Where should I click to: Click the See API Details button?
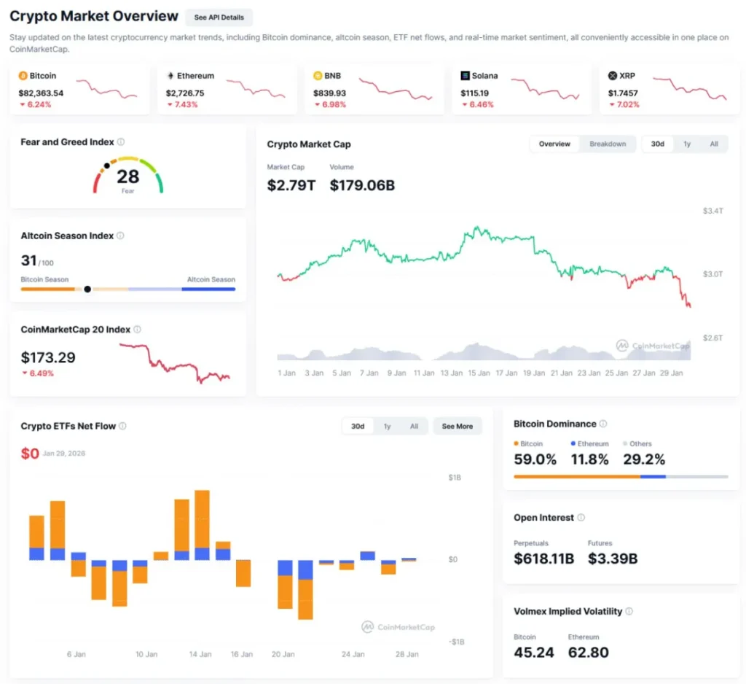(x=219, y=18)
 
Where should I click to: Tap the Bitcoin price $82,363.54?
(x=41, y=93)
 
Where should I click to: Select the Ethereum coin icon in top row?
(x=171, y=76)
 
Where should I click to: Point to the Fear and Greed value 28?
(x=127, y=176)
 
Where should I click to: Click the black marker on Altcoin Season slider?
(x=87, y=289)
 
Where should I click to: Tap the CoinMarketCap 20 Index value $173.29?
(x=48, y=357)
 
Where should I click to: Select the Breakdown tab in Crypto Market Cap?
(x=608, y=144)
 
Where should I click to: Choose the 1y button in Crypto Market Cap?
(x=687, y=144)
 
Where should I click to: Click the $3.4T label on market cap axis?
(x=712, y=211)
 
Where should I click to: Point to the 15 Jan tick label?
(x=479, y=373)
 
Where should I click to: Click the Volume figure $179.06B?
(x=362, y=185)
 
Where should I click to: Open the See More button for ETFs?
(x=457, y=426)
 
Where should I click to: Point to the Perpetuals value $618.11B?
(x=543, y=559)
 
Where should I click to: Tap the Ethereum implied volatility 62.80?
(x=589, y=652)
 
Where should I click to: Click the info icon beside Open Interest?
(x=581, y=518)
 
